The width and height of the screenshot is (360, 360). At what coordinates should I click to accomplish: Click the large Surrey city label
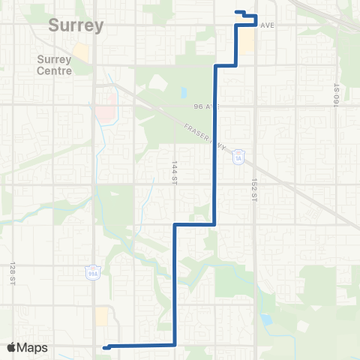click(x=75, y=25)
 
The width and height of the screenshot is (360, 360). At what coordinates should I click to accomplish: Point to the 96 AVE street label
click(x=205, y=106)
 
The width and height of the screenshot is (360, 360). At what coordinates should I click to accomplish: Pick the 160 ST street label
click(x=337, y=94)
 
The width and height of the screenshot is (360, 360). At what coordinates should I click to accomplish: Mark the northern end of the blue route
click(x=237, y=11)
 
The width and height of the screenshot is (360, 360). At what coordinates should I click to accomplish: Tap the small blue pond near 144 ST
click(x=184, y=94)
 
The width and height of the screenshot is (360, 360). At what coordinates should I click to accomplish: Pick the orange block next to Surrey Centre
click(x=81, y=52)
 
